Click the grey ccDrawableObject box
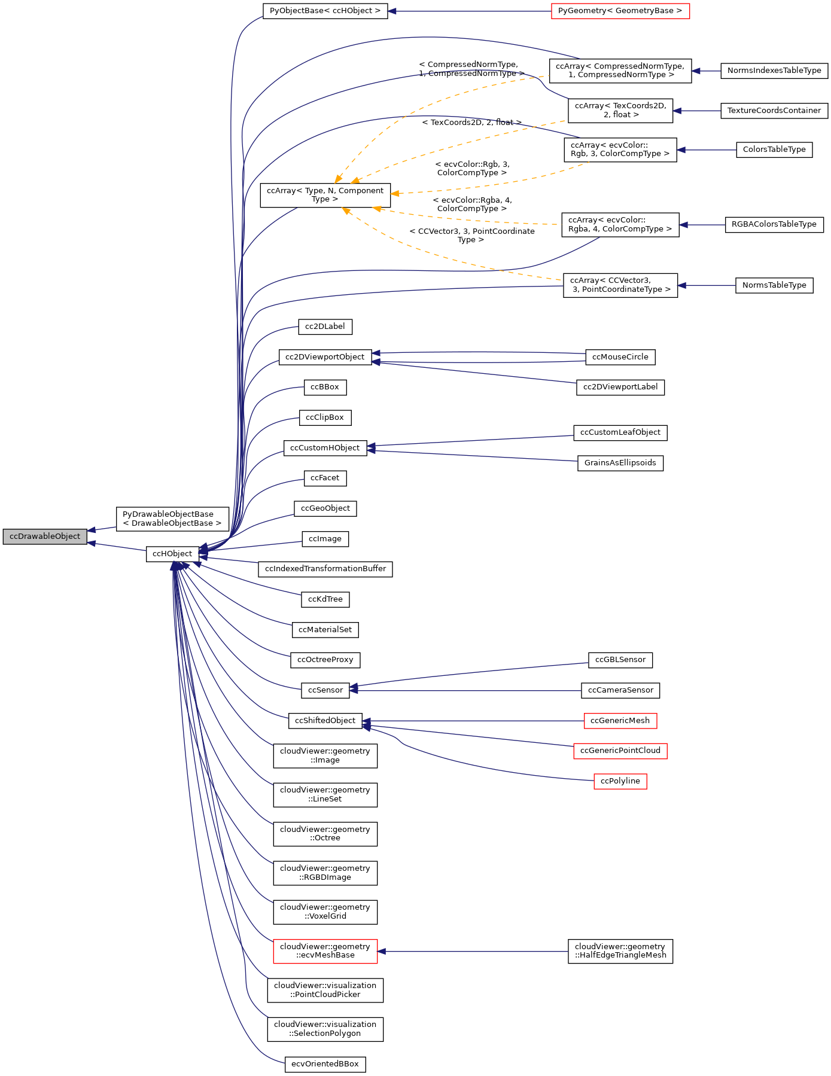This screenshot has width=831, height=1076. pos(45,537)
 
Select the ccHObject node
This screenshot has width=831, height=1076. pos(172,554)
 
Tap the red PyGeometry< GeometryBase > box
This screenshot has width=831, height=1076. pos(620,11)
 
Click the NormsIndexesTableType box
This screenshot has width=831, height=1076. pos(774,71)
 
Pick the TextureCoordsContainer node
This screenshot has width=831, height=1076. pos(774,111)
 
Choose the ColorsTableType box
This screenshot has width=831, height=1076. pos(774,150)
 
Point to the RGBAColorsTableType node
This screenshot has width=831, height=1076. pos(774,225)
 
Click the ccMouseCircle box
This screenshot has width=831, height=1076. pos(620,357)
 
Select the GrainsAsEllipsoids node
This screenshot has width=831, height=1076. pos(620,463)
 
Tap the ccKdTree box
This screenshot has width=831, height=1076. pos(325,599)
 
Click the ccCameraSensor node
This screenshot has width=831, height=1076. pos(620,690)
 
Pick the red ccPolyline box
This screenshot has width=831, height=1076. pos(620,781)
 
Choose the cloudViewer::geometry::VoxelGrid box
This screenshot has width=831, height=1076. pos(325,912)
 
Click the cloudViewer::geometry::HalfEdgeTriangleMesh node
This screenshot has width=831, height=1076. pos(620,951)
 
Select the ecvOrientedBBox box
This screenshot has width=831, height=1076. pos(325,1064)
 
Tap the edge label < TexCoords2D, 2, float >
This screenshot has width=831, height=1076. pos(471,123)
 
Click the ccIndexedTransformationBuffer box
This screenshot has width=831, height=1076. pos(325,569)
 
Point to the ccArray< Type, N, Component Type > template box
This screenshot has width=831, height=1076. pos(325,195)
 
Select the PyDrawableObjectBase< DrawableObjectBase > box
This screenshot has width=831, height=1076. pos(172,519)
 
